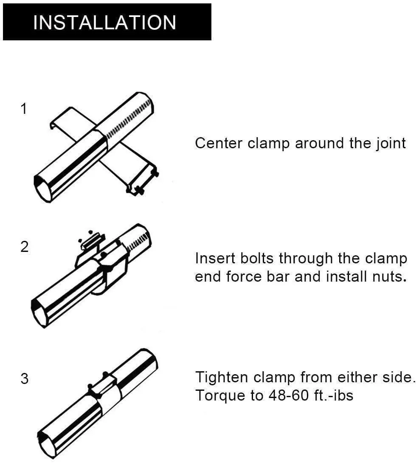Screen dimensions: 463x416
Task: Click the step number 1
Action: (24, 109)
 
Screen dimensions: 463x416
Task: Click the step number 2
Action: (25, 247)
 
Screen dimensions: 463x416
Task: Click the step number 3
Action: (25, 378)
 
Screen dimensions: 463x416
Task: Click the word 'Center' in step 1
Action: (219, 143)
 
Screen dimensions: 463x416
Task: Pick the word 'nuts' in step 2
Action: (388, 277)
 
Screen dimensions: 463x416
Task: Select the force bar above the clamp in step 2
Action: (91, 241)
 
